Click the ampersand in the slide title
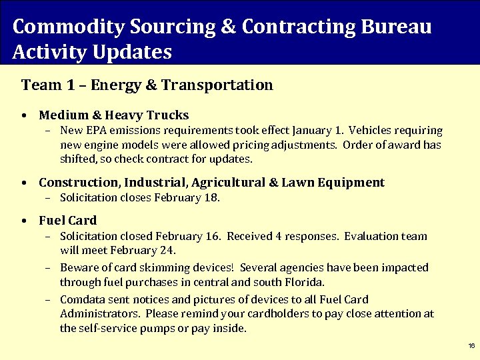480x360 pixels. click(x=229, y=27)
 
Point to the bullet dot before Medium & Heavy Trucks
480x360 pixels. click(x=24, y=116)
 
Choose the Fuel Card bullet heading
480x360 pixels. click(x=67, y=221)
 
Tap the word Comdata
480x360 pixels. click(x=82, y=300)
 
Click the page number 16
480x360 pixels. click(x=471, y=346)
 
